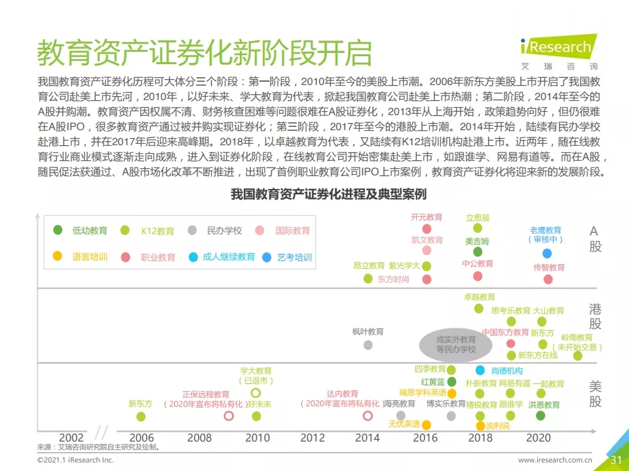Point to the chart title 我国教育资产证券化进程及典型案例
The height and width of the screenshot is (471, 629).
[328, 194]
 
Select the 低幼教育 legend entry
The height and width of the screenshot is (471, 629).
[81, 230]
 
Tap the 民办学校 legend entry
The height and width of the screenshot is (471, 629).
[216, 230]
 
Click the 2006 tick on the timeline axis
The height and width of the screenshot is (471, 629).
[142, 438]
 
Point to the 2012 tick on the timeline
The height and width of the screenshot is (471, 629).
[313, 438]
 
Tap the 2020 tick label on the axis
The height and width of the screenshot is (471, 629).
[538, 438]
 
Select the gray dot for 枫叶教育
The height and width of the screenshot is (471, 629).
[368, 345]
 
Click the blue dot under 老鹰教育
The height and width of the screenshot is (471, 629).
[546, 253]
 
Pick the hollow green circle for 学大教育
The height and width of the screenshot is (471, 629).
[256, 392]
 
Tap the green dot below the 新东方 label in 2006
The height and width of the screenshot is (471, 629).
[141, 416]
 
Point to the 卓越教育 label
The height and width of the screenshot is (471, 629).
[480, 297]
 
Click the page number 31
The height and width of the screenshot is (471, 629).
[616, 460]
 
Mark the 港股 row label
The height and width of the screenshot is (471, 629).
[595, 316]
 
